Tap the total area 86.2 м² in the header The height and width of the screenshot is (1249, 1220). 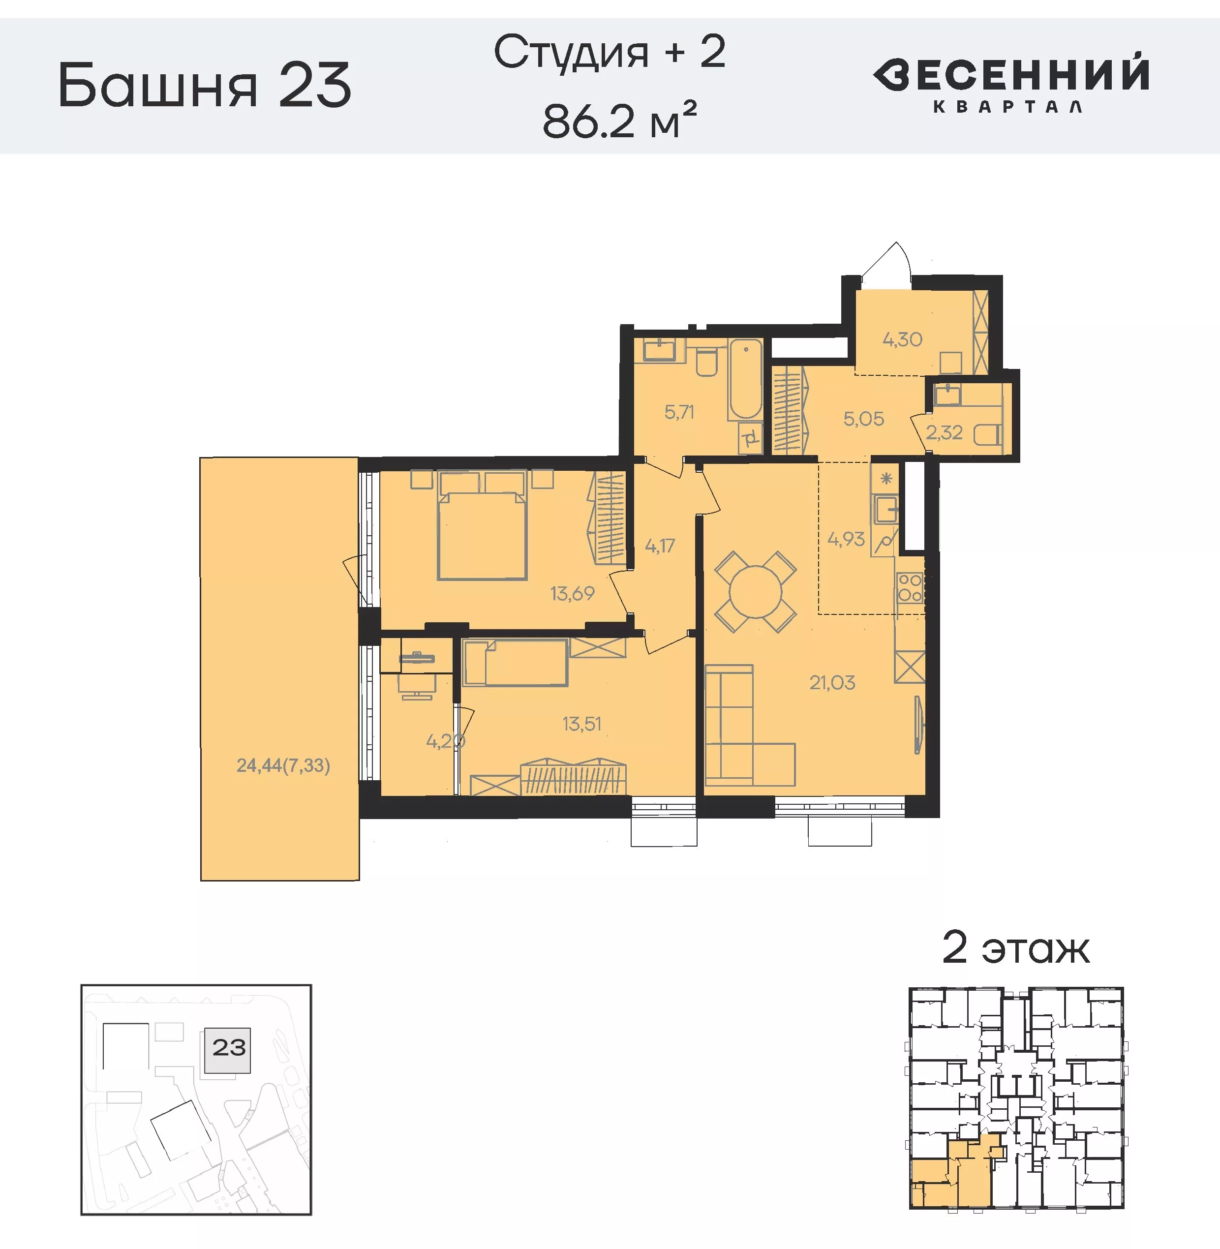tap(619, 121)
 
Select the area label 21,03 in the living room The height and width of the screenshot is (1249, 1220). tap(832, 682)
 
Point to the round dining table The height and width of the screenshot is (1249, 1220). tap(756, 591)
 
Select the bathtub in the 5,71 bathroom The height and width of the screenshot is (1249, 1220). tap(745, 379)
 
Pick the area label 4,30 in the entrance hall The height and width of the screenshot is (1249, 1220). tap(902, 339)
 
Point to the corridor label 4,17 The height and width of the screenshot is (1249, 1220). tap(659, 546)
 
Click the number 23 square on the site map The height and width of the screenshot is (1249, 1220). tap(228, 1048)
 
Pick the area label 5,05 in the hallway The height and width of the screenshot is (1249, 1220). tap(863, 419)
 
